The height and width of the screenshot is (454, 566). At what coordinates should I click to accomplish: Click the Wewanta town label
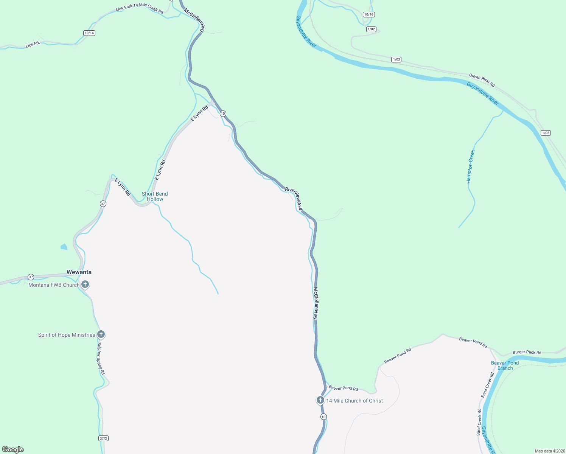click(x=79, y=272)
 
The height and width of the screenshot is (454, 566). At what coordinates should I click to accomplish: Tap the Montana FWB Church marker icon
click(x=86, y=284)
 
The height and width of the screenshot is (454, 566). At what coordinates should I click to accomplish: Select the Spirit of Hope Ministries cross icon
click(x=101, y=334)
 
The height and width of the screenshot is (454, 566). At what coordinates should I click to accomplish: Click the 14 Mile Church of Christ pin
click(x=320, y=400)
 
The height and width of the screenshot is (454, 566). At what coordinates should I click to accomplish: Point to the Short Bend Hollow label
click(x=155, y=196)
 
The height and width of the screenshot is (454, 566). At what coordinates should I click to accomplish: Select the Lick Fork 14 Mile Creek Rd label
click(x=140, y=8)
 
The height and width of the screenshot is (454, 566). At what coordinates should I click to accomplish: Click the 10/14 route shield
click(x=89, y=33)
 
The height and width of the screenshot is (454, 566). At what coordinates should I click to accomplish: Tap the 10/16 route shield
click(x=369, y=14)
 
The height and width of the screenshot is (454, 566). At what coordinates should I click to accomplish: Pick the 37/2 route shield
click(x=103, y=438)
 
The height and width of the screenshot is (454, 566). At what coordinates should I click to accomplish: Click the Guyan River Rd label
click(x=482, y=80)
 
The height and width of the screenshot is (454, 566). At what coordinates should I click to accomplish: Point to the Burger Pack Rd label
click(x=527, y=352)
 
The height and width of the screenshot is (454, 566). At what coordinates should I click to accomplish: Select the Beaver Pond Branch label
click(x=505, y=365)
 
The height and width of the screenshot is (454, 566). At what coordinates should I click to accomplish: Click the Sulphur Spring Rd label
click(x=101, y=359)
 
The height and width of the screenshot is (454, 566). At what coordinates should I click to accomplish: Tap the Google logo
click(x=13, y=449)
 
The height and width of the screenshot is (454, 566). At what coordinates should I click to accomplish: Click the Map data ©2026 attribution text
click(x=550, y=451)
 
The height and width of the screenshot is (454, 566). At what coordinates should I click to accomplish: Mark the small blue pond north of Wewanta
click(x=64, y=247)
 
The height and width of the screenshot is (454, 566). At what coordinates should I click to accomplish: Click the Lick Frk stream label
click(x=33, y=44)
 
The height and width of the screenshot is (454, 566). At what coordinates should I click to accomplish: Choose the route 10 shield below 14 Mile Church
click(x=323, y=417)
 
